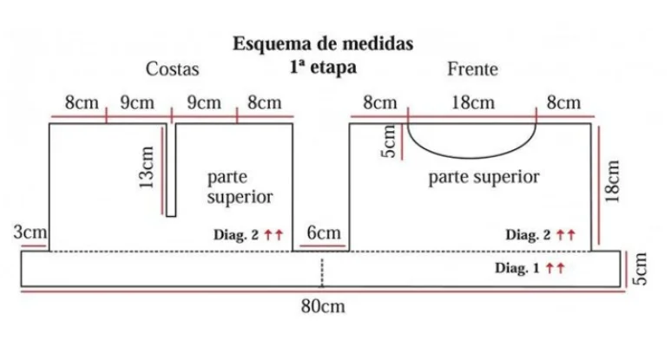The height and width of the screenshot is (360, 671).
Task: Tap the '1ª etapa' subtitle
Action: tap(322, 64)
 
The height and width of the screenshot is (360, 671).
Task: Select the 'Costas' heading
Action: tap(172, 69)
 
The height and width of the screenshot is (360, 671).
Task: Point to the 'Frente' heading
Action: tap(472, 69)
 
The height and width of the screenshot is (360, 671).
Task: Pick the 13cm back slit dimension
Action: tap(149, 167)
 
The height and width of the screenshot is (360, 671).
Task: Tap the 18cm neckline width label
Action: tap(473, 102)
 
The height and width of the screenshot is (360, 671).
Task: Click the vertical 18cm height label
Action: tap(614, 181)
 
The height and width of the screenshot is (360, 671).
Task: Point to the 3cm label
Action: tap(30, 232)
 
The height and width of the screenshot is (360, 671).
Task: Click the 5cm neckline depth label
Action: tap(391, 139)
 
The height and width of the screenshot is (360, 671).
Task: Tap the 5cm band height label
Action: tap(641, 268)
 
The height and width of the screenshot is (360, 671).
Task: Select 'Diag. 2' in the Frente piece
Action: tap(529, 234)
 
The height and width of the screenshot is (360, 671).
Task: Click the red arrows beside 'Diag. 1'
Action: tap(556, 269)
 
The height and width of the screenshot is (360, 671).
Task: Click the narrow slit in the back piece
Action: tap(171, 169)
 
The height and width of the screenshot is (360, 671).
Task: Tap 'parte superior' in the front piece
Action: tap(484, 178)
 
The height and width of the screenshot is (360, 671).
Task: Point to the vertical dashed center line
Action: tap(322, 272)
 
